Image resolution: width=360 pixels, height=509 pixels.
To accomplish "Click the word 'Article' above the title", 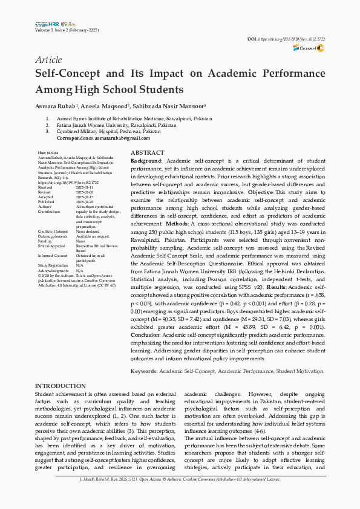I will pyautogui.click(x=48, y=60).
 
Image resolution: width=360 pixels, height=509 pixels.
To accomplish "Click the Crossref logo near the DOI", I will pyautogui.click(x=312, y=48).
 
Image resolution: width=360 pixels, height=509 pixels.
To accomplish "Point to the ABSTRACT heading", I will pyautogui.click(x=147, y=154).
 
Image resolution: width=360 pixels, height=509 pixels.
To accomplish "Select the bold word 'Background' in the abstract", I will pyautogui.click(x=146, y=161).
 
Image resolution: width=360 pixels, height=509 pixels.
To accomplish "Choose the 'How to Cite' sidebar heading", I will pyautogui.click(x=48, y=154).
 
